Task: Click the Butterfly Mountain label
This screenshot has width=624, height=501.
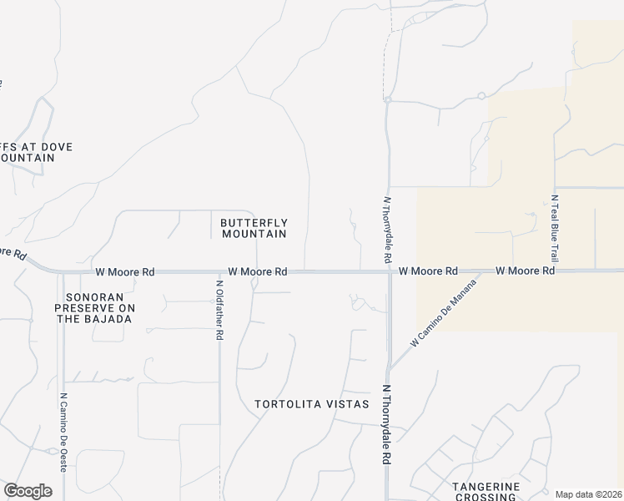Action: pos(254,228)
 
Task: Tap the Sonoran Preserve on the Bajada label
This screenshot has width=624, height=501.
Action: pos(93,307)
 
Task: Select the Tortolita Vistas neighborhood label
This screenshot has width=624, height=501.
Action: pos(311,404)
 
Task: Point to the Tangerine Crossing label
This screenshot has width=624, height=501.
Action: pos(486,491)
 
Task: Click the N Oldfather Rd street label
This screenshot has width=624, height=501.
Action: pos(219,309)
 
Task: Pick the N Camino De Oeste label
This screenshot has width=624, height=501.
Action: pos(63,433)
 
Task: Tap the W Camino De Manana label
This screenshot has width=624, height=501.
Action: pos(443,315)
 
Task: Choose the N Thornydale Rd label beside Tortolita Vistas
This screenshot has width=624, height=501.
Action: pos(386,424)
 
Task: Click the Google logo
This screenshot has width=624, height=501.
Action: pos(28,491)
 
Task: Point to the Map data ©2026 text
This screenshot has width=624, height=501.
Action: pos(588,494)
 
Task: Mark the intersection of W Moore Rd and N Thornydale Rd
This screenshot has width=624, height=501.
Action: pos(389,271)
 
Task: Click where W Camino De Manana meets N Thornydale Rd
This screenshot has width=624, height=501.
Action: pos(389,370)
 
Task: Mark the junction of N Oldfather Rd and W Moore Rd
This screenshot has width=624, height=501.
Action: pos(219,271)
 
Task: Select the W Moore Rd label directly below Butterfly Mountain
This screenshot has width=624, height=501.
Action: pos(258,271)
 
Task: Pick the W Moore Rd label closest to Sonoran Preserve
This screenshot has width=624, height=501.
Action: pos(125,271)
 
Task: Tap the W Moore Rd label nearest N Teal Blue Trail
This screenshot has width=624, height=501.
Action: pos(525,271)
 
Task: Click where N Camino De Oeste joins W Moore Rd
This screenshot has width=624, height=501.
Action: pos(63,272)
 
